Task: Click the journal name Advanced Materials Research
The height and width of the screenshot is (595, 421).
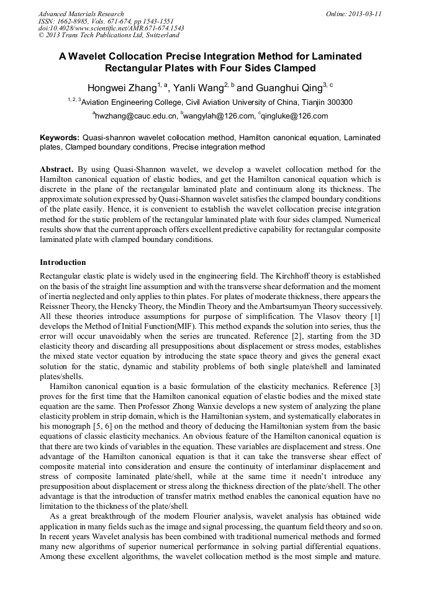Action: tap(81, 14)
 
